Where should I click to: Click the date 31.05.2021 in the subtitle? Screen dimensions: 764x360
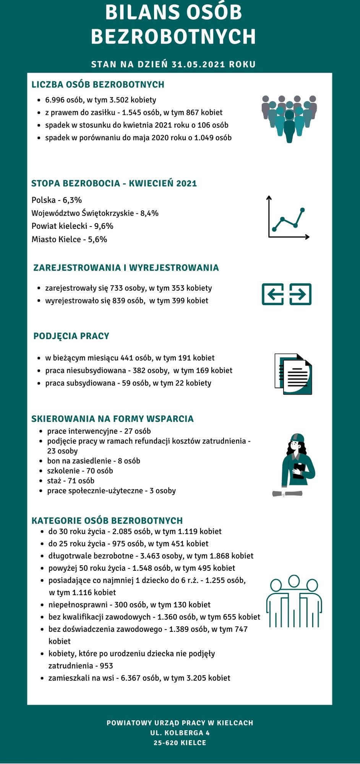click(x=198, y=64)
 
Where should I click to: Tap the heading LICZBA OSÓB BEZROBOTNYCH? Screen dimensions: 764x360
click(x=98, y=84)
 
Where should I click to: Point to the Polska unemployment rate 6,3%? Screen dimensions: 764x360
click(x=72, y=200)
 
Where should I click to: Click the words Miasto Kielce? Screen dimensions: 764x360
click(x=56, y=240)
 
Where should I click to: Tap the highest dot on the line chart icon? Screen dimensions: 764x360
click(x=303, y=210)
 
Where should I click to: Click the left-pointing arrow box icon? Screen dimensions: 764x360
click(x=272, y=294)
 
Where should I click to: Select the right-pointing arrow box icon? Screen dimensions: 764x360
click(x=300, y=294)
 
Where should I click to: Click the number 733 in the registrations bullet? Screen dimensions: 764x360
click(x=116, y=288)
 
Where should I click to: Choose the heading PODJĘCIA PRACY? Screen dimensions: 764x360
click(x=71, y=336)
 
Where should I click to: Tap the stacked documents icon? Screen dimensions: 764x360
click(x=294, y=374)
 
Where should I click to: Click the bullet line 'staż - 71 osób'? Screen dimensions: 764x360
click(x=71, y=481)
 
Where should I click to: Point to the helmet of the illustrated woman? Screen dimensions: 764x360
click(x=297, y=437)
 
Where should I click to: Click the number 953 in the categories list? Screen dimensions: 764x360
click(x=106, y=666)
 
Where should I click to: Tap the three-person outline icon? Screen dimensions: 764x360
click(x=294, y=601)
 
